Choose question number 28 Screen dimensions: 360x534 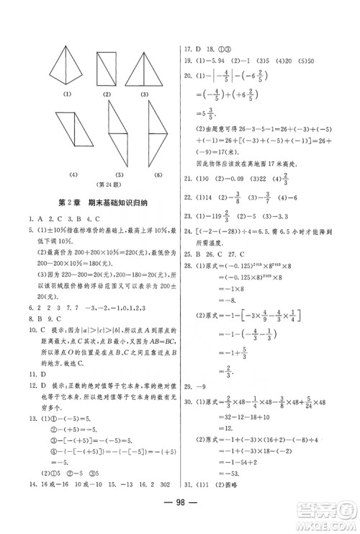click(189, 288)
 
